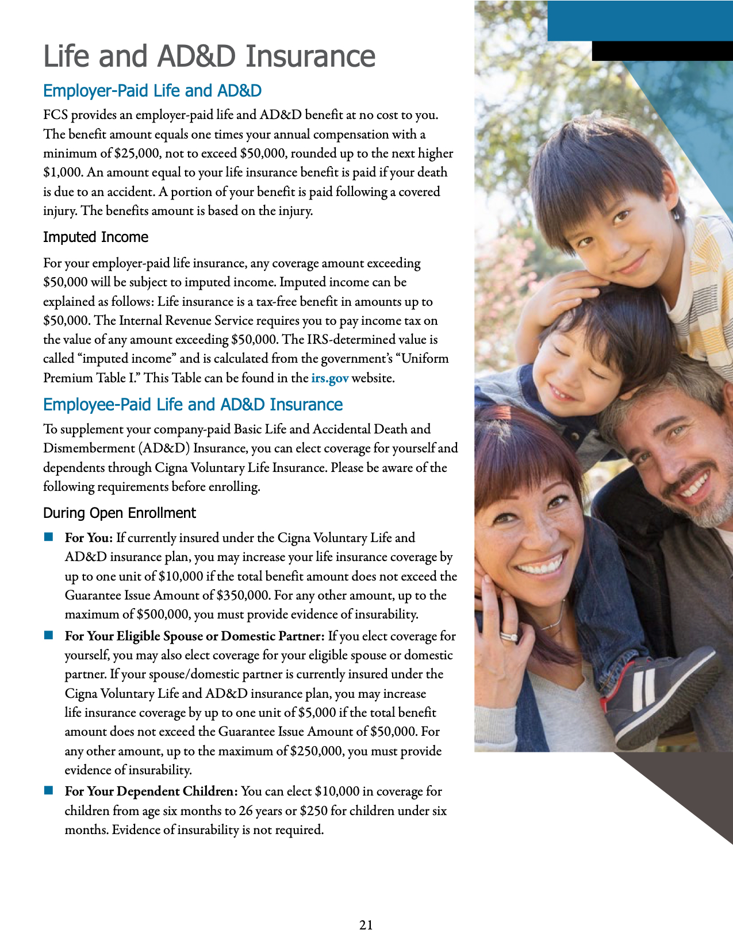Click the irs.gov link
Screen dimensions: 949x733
pyautogui.click(x=329, y=378)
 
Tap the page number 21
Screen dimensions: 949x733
pyautogui.click(x=366, y=925)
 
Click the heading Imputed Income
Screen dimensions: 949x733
pyautogui.click(x=95, y=237)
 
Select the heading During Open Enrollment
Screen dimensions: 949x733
pyautogui.click(x=120, y=513)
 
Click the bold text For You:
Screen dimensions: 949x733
pyautogui.click(x=89, y=538)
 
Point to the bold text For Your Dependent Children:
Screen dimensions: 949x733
pyautogui.click(x=151, y=792)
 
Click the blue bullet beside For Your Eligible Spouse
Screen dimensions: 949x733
pyautogui.click(x=49, y=636)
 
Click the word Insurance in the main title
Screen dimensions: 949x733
pyautogui.click(x=310, y=56)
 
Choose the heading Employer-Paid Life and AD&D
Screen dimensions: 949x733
pyautogui.click(x=152, y=91)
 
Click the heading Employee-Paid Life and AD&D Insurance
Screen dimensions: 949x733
pyautogui.click(x=193, y=405)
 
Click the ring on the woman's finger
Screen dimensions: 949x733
pyautogui.click(x=508, y=636)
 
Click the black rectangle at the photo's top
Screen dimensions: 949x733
pyautogui.click(x=662, y=51)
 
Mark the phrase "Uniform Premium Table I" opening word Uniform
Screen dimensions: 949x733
pyautogui.click(x=425, y=359)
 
